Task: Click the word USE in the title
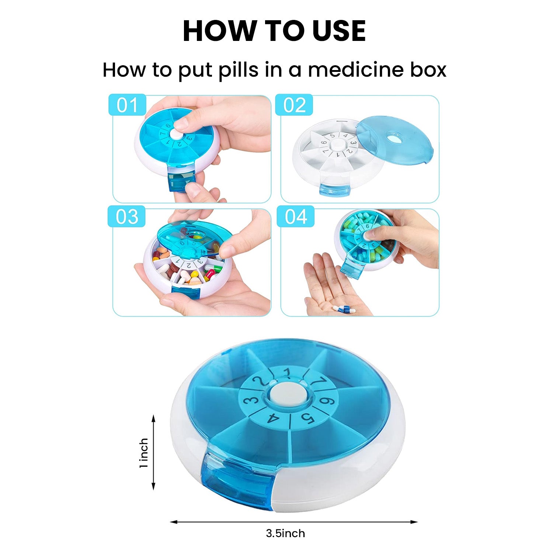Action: click(339, 31)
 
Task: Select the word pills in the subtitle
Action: click(239, 70)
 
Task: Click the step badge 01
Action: click(127, 105)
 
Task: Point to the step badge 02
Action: click(294, 105)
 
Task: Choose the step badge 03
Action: click(127, 216)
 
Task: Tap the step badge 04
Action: click(296, 216)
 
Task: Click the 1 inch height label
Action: click(144, 453)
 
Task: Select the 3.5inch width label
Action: click(285, 533)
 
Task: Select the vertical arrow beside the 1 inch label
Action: click(154, 452)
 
